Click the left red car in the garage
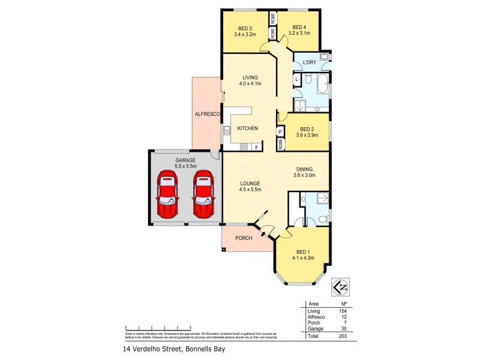[167, 195]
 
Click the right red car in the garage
[203, 195]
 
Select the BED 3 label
[245, 28]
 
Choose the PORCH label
[242, 238]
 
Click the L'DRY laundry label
[310, 62]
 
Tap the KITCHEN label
[248, 128]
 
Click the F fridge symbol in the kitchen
[257, 147]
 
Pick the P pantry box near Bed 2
[280, 132]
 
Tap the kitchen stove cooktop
[244, 147]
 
